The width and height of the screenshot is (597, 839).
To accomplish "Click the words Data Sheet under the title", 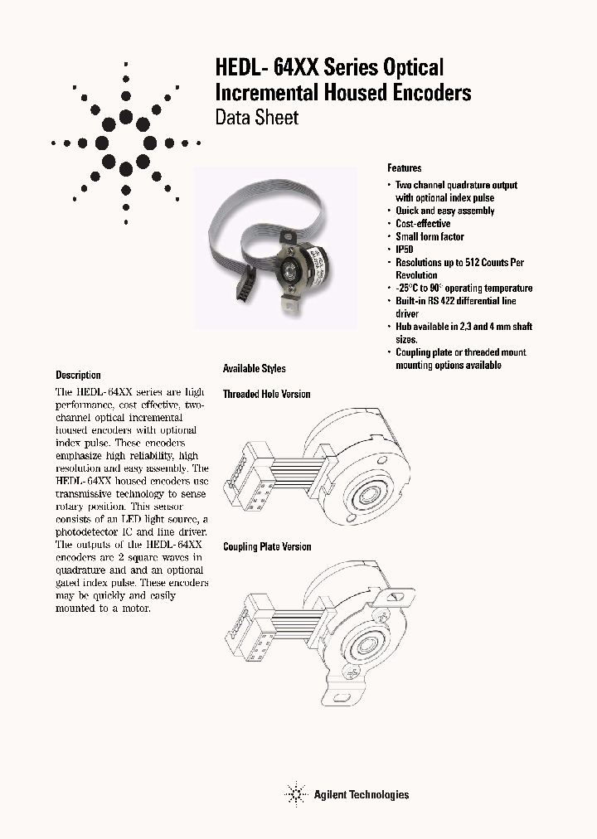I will coord(257,118).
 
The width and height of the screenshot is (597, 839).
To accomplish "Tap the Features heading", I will coord(405,168).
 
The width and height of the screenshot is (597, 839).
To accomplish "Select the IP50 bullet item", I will coord(404,250).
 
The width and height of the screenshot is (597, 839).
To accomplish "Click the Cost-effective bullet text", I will coord(423,224).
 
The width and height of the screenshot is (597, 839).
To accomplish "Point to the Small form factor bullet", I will coord(430,237).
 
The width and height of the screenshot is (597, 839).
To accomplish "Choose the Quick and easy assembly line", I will coord(444,211).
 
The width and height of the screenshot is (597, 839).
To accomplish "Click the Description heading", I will coord(78,375).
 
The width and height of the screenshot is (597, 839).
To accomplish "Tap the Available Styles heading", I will coord(254,368).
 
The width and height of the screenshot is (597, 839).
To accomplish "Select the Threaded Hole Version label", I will coord(266,394).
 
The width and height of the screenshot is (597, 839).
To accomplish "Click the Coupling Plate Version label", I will coord(267,546).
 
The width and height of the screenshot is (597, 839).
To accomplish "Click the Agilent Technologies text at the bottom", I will coord(361,794).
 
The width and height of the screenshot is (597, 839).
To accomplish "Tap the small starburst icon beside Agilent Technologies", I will coord(295,794).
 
